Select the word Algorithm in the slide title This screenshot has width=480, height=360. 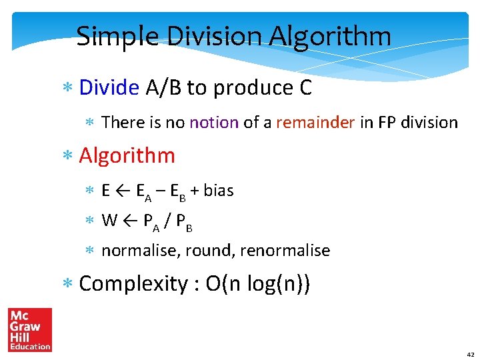(330, 37)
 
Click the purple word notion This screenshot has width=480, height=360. (214, 123)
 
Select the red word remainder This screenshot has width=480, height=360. (315, 123)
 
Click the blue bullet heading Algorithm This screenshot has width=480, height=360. (127, 156)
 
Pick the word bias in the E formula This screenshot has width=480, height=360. (219, 191)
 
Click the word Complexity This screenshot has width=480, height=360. (134, 284)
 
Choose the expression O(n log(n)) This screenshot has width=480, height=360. (257, 284)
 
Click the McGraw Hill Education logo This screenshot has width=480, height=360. (29, 329)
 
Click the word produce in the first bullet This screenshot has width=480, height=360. (246, 88)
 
